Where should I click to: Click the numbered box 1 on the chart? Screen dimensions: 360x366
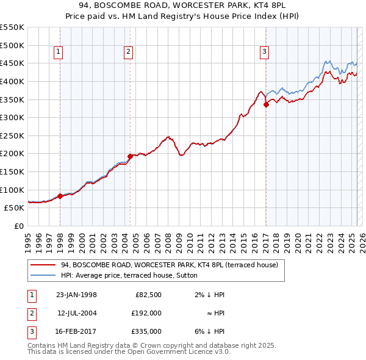tap(57, 52)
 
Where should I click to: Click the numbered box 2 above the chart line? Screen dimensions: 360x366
tap(129, 52)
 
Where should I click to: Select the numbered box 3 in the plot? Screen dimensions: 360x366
tap(265, 52)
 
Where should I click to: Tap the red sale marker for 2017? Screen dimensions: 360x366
tap(266, 104)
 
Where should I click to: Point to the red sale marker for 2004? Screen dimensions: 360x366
tap(131, 156)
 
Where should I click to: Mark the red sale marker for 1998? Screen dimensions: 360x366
tap(60, 196)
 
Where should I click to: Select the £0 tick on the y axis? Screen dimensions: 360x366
tap(19, 226)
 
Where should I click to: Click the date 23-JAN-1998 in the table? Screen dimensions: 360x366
tap(76, 295)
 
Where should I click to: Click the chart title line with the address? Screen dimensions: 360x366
tap(183, 5)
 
